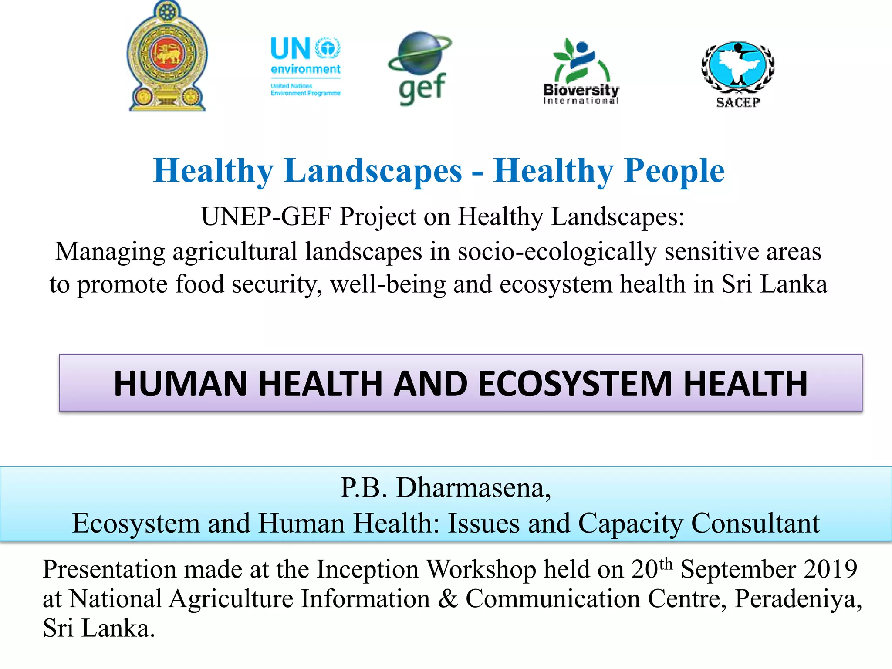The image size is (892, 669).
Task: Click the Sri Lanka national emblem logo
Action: point(168,57)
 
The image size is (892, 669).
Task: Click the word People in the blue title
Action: point(674,171)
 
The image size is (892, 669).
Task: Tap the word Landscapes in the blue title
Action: point(373,171)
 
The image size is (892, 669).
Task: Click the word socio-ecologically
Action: point(557,252)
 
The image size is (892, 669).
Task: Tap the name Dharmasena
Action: point(473,487)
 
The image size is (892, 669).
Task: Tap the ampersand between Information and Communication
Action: point(448,599)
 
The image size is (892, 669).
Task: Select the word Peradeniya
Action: point(798,599)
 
